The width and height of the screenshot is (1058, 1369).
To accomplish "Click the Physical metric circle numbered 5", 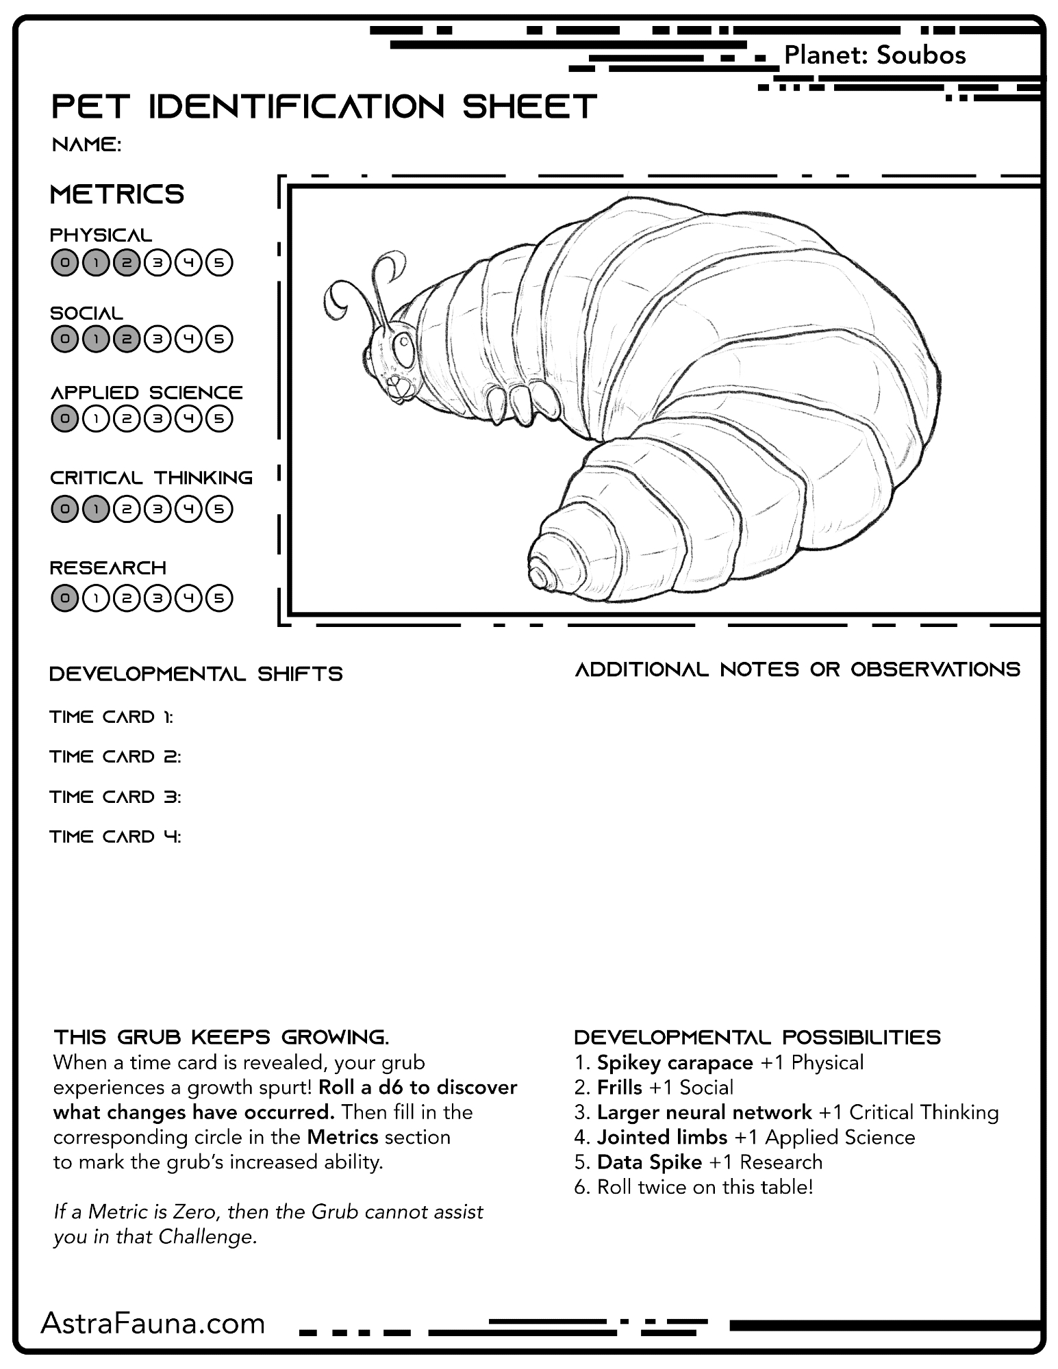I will [x=219, y=262].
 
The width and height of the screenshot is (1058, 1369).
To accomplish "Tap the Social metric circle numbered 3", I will [x=158, y=339].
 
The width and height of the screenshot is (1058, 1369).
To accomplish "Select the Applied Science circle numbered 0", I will [x=64, y=418].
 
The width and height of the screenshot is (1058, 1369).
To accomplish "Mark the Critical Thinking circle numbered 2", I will [x=127, y=509].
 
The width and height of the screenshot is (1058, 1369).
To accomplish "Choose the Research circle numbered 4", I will [x=188, y=598].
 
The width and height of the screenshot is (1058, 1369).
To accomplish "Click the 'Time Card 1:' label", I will [x=112, y=717].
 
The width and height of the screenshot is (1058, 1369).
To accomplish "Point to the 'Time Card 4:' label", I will [x=115, y=836].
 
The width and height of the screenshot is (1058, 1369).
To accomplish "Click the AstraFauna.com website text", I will [x=153, y=1324].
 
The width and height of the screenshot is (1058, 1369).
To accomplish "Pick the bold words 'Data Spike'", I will [x=649, y=1162].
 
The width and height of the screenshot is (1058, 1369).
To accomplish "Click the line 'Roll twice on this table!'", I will [x=705, y=1187].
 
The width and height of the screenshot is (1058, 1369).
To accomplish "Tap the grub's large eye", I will [x=405, y=350].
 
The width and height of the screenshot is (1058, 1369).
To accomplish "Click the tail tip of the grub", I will [x=542, y=574].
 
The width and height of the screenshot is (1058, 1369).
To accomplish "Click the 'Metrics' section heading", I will [x=117, y=194].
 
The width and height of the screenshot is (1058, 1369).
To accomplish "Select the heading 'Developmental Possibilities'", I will [x=757, y=1037].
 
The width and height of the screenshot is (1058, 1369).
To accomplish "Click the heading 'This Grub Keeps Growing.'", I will [x=221, y=1037].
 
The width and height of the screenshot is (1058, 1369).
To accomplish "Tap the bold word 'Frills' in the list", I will [x=619, y=1088].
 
